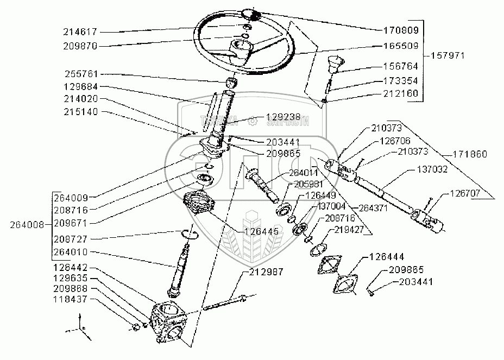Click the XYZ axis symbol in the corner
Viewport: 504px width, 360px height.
[77, 329]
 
